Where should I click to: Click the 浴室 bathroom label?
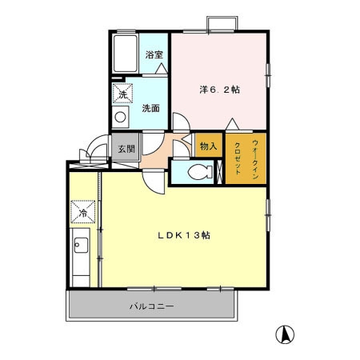(x=154, y=55)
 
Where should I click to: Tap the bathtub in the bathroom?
(x=126, y=53)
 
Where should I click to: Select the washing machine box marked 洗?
(x=122, y=93)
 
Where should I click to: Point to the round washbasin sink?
(x=120, y=117)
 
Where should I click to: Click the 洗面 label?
(x=151, y=108)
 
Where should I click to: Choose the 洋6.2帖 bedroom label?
(x=220, y=90)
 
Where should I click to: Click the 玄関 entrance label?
(x=126, y=149)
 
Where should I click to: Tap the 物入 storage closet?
(x=208, y=146)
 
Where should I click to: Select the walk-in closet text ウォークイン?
(x=255, y=159)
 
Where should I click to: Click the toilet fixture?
(x=201, y=172)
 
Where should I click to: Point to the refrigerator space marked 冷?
(x=82, y=212)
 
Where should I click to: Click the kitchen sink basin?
(x=81, y=245)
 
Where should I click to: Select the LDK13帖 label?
(x=184, y=235)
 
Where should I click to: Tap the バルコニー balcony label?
(x=152, y=306)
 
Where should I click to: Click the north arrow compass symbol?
(x=285, y=334)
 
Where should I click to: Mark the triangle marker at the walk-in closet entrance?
(x=233, y=124)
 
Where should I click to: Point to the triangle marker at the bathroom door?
(x=162, y=68)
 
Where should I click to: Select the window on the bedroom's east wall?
(x=268, y=75)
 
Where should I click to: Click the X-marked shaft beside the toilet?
(x=220, y=172)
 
